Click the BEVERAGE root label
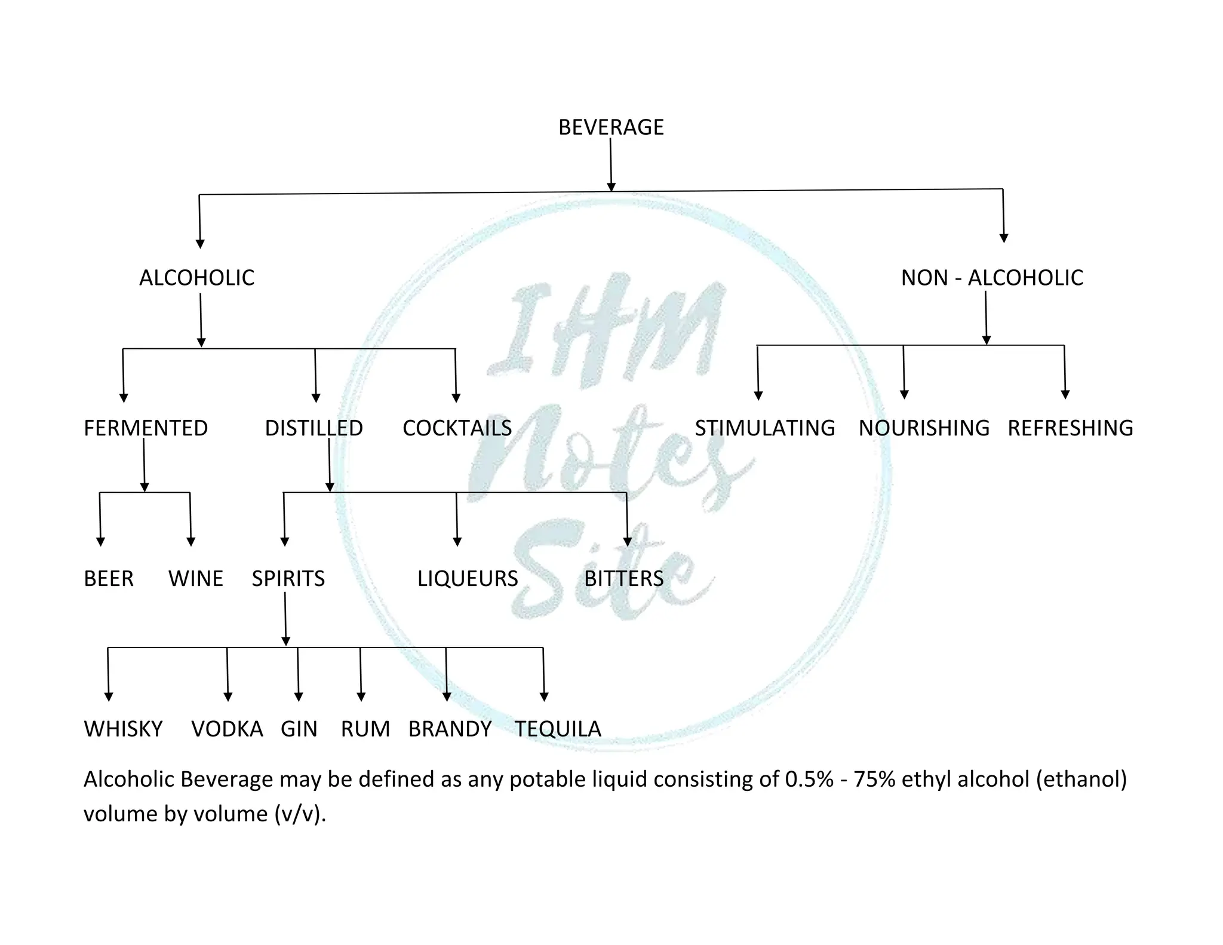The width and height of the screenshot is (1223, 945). pos(611,127)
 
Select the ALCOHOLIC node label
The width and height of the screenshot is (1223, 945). pos(196,278)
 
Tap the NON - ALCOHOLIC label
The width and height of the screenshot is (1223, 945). pos(992,278)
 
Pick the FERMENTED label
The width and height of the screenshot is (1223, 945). pos(146,428)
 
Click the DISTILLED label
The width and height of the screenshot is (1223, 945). pos(314,428)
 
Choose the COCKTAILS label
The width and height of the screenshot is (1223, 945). pos(457,428)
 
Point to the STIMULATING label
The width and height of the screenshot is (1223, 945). pos(764,428)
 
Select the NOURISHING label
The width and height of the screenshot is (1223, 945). pos(924,428)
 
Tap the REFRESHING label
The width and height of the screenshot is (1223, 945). pos(1070,428)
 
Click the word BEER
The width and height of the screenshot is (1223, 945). pos(109,579)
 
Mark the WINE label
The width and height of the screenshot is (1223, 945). pos(196,579)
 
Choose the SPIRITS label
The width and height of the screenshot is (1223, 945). pos(288,579)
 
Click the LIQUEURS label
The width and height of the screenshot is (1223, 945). pos(468,579)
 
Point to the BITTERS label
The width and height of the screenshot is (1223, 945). pos(623,579)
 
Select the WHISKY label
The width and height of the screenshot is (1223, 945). pos(123,729)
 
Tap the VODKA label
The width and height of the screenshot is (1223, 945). pos(227,729)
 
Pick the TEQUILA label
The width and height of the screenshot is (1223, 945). pos(558,729)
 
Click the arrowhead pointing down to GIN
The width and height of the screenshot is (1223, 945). pos(299,697)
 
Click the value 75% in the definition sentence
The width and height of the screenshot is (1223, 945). pos(874,780)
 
